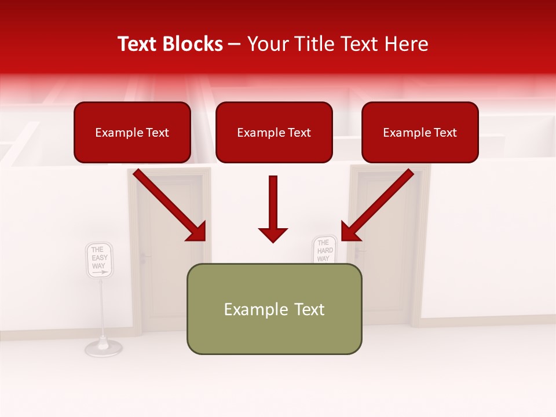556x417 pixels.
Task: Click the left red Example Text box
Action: click(132, 133)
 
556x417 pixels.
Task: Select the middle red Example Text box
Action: click(274, 133)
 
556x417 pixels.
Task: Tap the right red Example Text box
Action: click(420, 133)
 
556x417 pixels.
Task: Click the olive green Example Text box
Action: click(274, 309)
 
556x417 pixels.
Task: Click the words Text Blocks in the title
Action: click(170, 44)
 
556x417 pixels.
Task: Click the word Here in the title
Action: click(407, 44)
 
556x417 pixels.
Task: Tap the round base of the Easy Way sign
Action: click(103, 347)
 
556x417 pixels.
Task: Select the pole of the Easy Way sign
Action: click(103, 307)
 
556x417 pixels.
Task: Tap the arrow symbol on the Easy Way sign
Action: click(100, 271)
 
